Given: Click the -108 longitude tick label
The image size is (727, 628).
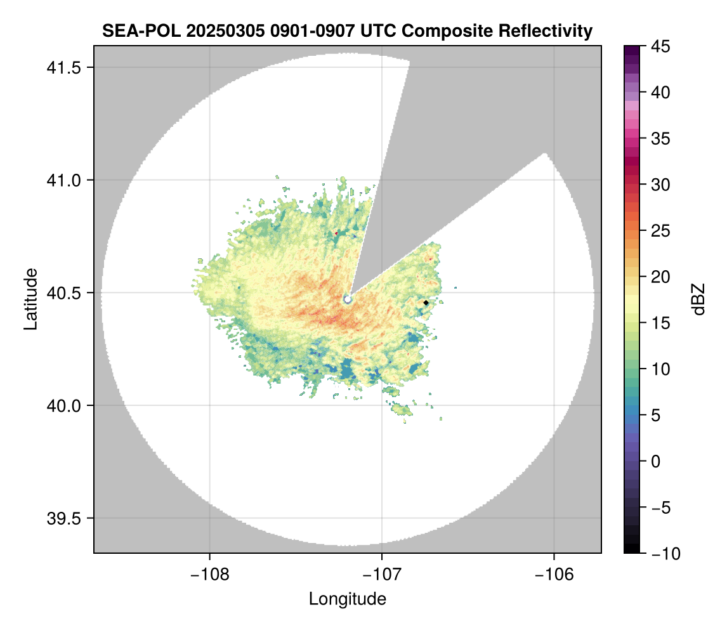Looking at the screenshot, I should tap(209, 575).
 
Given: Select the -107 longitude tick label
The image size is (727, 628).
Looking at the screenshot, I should tap(382, 575).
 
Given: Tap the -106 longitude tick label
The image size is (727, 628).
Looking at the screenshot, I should tap(554, 575).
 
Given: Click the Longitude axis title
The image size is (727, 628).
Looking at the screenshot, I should tap(347, 599).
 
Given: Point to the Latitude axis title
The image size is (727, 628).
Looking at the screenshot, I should tap(30, 299).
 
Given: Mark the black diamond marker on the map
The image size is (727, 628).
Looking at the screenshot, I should tap(426, 303).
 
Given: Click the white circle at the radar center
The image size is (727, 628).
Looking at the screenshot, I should tap(348, 298).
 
